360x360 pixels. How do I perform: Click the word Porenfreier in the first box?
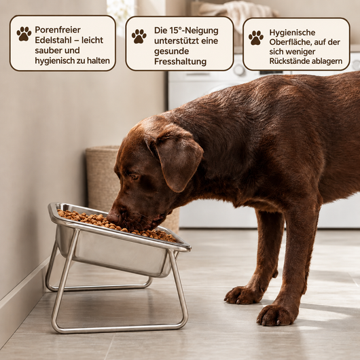click(58, 30)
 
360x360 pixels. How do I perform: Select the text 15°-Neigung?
click(194, 31)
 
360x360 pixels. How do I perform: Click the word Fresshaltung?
click(180, 62)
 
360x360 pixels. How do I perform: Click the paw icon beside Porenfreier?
click(24, 34)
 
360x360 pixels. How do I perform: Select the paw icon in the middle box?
click(139, 36)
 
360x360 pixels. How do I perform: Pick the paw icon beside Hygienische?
click(256, 37)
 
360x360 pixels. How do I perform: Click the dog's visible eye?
click(134, 177)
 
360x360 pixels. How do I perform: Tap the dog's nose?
click(113, 217)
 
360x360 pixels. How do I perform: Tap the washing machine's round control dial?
click(239, 69)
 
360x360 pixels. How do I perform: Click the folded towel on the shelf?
click(236, 12)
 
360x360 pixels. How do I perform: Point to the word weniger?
click(300, 52)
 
